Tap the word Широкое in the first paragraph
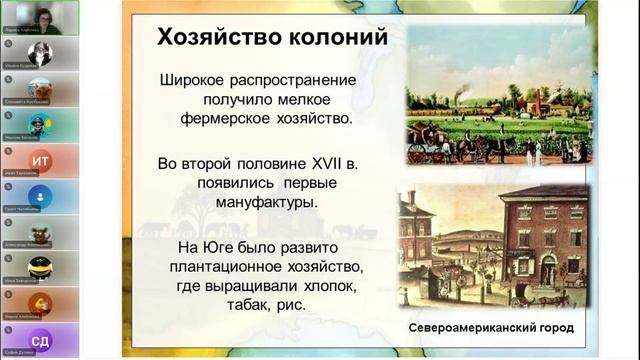tap(199, 80)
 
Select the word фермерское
tap(236, 119)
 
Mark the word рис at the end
tap(281, 305)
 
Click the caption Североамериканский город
tap(490, 329)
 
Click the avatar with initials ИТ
tap(40, 161)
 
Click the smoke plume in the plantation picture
tap(462, 89)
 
